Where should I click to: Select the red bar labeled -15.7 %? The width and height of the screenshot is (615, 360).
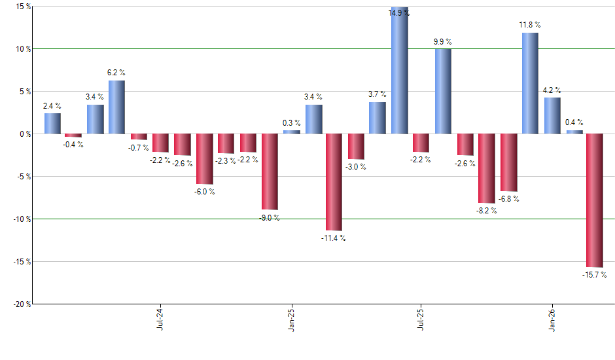click(595, 200)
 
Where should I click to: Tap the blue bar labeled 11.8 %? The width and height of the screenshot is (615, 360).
click(530, 83)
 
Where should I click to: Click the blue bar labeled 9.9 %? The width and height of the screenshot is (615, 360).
click(443, 92)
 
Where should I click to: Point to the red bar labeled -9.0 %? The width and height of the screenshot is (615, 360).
click(269, 171)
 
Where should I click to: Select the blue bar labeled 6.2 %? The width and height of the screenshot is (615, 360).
click(116, 107)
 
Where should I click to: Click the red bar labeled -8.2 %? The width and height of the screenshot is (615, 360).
click(486, 168)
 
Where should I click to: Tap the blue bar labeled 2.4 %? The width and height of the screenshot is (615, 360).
click(52, 124)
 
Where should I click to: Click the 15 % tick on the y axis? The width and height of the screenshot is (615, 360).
click(22, 7)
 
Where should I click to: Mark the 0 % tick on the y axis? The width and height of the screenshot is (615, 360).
click(24, 134)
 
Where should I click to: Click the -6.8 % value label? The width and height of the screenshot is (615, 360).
click(510, 198)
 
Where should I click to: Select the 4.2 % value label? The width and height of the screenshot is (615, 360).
click(552, 90)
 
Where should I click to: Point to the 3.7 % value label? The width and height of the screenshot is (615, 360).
click(377, 94)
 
